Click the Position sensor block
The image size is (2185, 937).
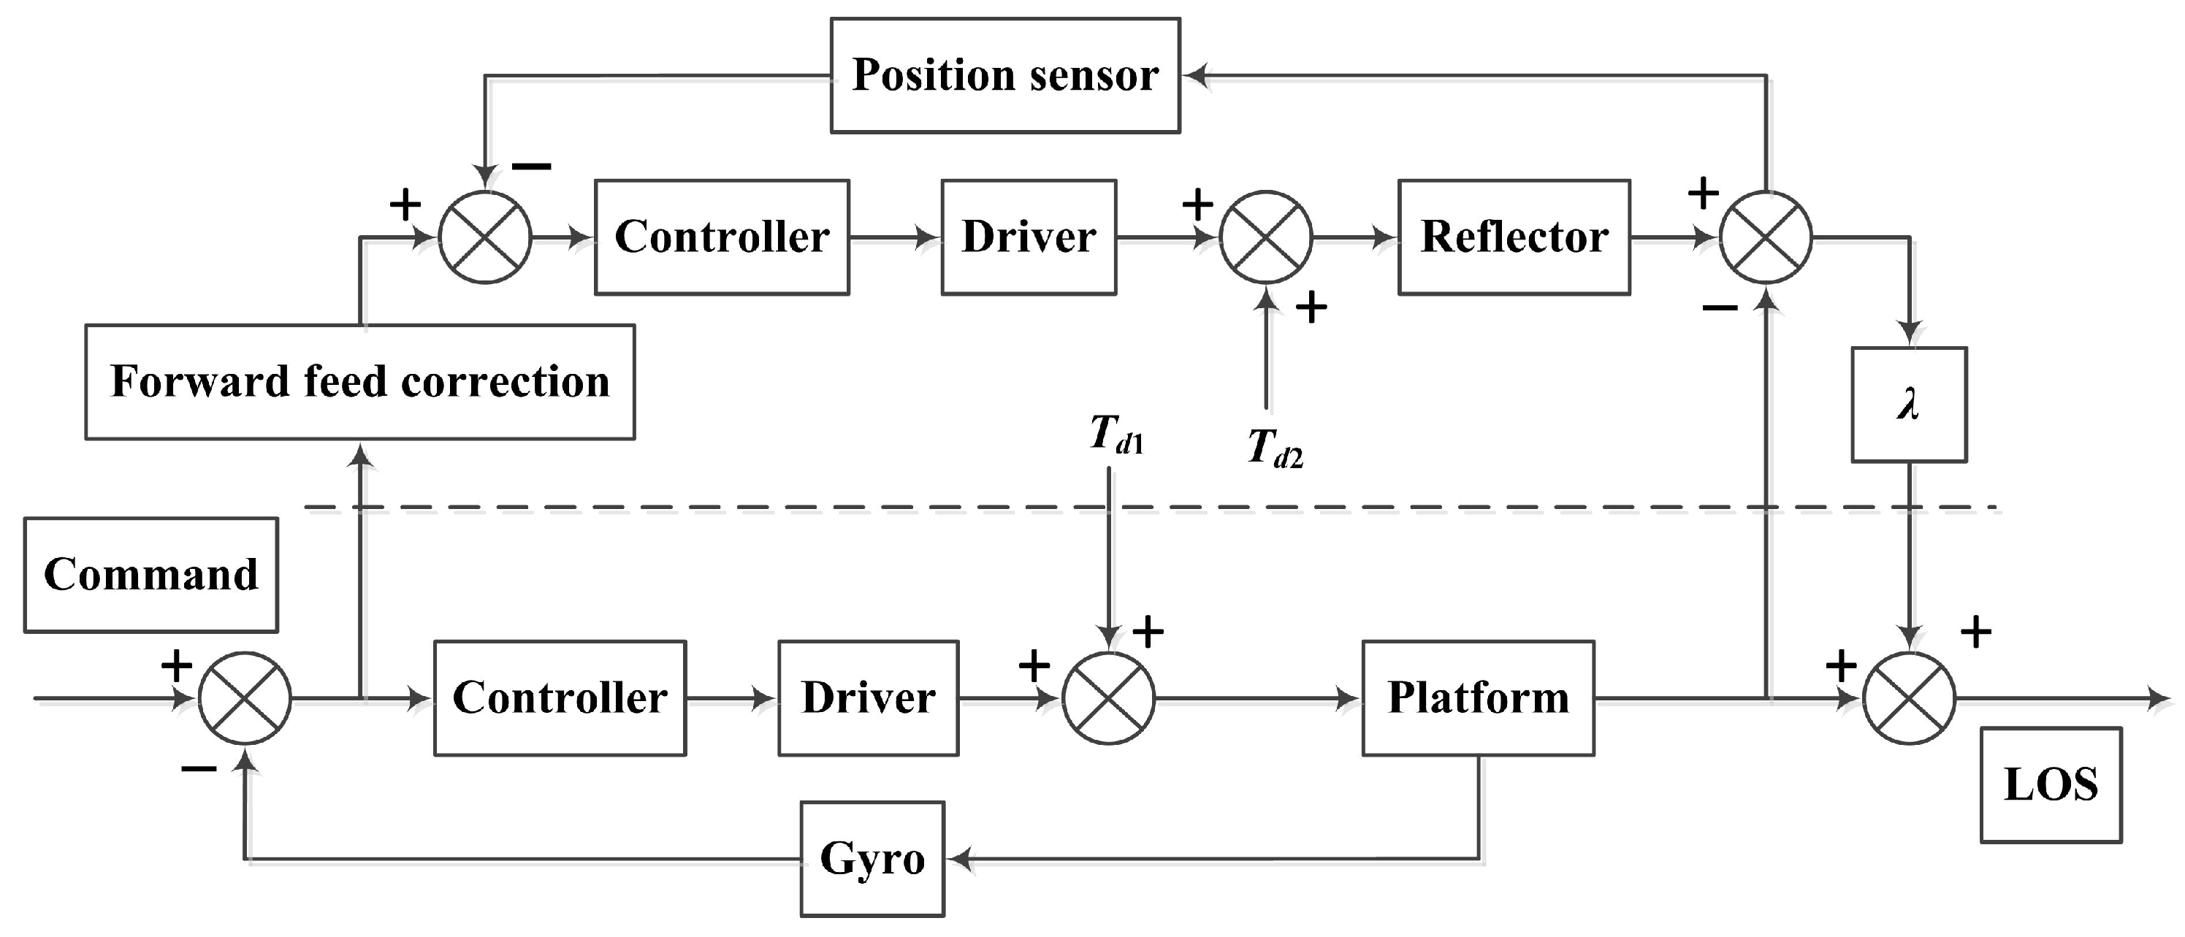[1005, 75]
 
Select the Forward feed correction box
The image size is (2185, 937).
[359, 381]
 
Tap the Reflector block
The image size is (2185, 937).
[1514, 237]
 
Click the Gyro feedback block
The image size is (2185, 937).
[872, 859]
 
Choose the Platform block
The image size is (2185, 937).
[1478, 698]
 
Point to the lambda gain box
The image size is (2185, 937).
[1908, 405]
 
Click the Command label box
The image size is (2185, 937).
[151, 575]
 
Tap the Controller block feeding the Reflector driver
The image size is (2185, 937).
[722, 237]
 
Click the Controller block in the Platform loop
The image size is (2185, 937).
[560, 698]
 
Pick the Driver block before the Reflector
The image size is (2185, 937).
[1028, 237]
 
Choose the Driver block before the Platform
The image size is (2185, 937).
[869, 698]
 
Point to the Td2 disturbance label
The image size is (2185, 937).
[1275, 448]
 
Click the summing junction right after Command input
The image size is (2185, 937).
[245, 698]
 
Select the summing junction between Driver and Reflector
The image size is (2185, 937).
[1265, 237]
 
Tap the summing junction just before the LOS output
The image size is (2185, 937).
[1908, 698]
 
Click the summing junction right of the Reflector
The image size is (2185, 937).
[1765, 237]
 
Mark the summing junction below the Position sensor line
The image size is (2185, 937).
[485, 237]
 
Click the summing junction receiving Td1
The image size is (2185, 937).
[1109, 698]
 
